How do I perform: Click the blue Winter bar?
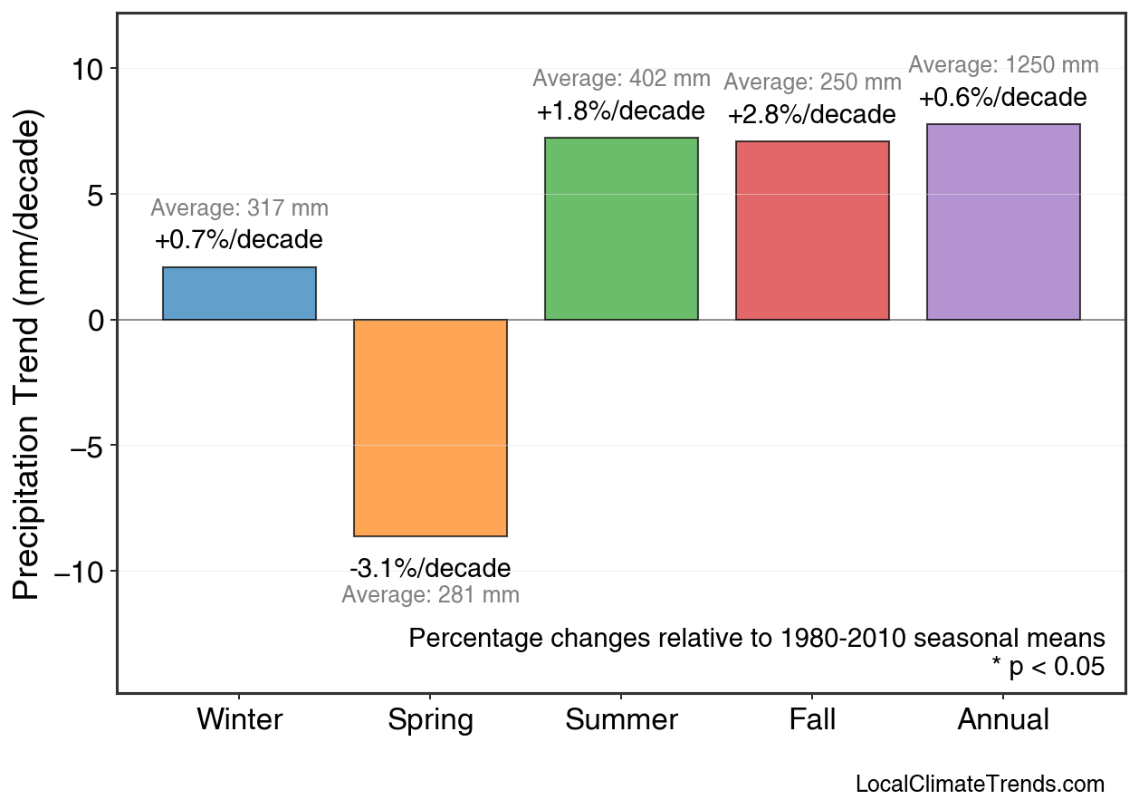tap(239, 294)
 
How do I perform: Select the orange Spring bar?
tap(430, 428)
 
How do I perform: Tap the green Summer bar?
tap(621, 228)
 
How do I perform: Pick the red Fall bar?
tap(812, 230)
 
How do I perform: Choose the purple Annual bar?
tap(1003, 222)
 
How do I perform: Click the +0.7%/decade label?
tap(239, 241)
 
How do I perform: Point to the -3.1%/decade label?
tap(430, 569)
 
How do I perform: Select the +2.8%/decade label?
tap(812, 116)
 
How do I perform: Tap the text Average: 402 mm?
tap(621, 79)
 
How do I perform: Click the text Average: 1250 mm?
tap(1003, 66)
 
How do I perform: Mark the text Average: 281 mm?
tap(430, 595)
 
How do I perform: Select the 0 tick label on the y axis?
tap(97, 321)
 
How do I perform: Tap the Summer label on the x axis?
tap(621, 720)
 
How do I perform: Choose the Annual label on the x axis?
tap(1003, 720)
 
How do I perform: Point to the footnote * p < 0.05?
tap(1048, 668)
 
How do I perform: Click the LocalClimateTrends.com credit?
tap(980, 785)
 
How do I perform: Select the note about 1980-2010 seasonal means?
tap(757, 639)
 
